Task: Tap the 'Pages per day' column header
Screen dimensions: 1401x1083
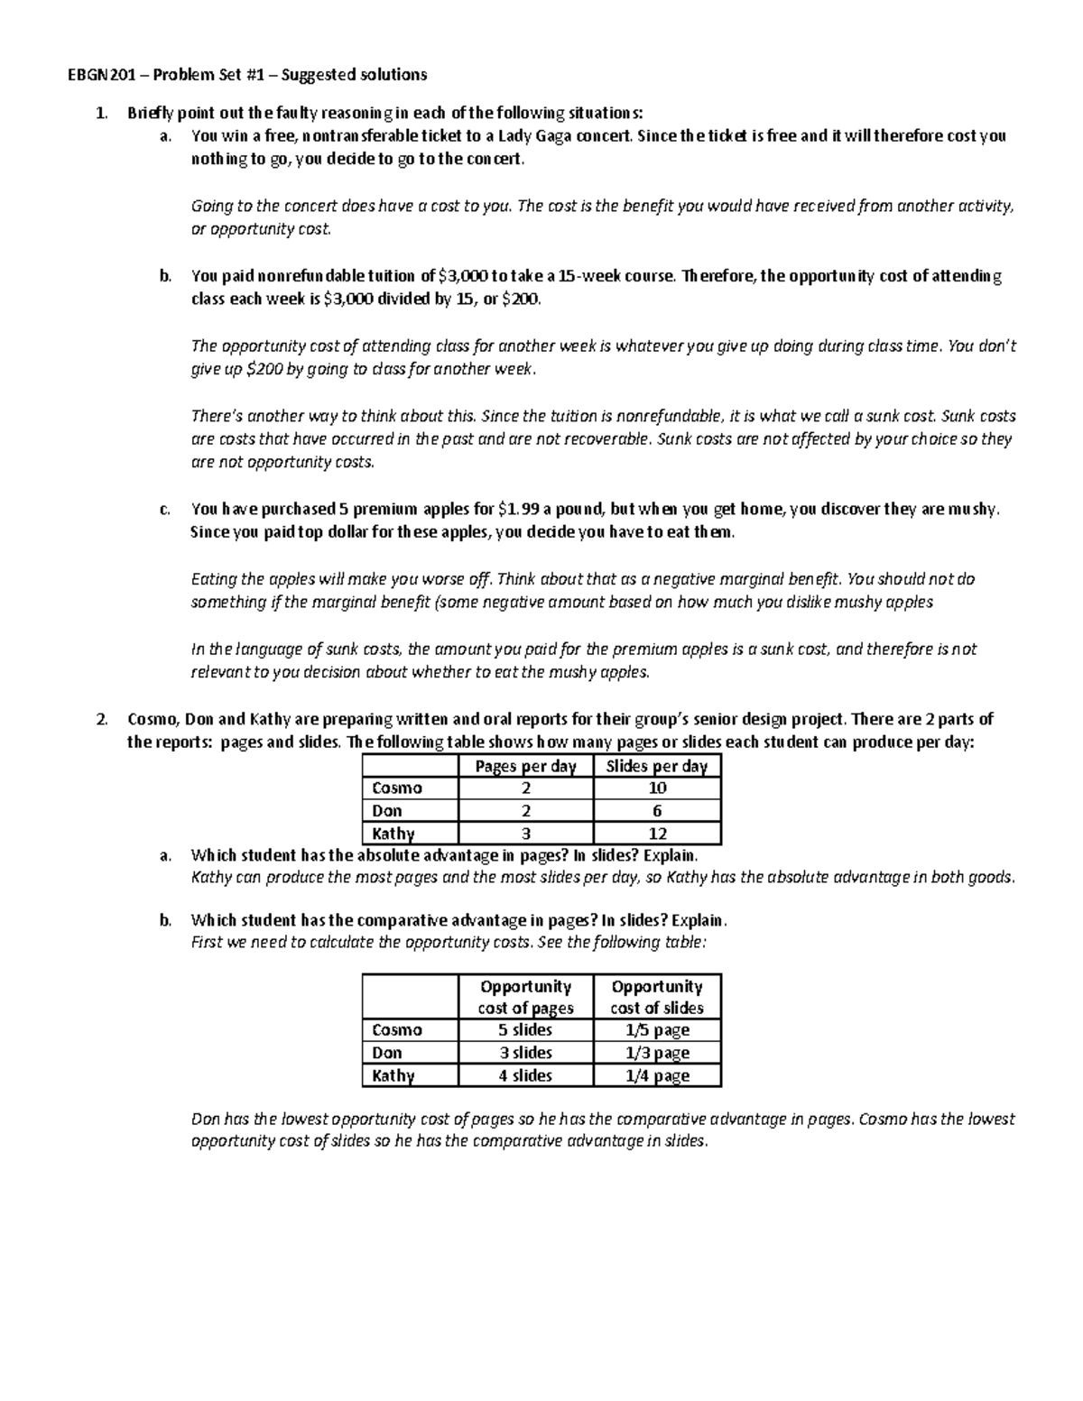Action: coord(525,767)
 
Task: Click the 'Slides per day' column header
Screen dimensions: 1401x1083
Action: coord(656,767)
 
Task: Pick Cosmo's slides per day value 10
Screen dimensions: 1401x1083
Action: coord(657,788)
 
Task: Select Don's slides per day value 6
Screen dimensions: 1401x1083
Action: coord(657,811)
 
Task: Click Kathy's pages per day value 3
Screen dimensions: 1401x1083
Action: coord(526,834)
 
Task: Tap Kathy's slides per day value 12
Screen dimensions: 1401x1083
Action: coord(657,834)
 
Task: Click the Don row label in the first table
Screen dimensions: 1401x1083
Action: coord(387,811)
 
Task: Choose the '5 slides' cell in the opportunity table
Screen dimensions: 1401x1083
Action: coord(525,1030)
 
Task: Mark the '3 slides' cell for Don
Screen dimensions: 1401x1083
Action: coord(525,1053)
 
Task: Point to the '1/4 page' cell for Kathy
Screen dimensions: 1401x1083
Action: coord(657,1075)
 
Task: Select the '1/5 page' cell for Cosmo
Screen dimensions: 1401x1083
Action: coord(657,1030)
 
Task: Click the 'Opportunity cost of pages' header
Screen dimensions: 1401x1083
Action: coord(525,997)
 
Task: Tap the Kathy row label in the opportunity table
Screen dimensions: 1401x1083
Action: coord(393,1075)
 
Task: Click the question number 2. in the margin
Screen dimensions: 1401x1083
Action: coord(102,720)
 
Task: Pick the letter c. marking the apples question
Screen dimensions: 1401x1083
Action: coord(164,510)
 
